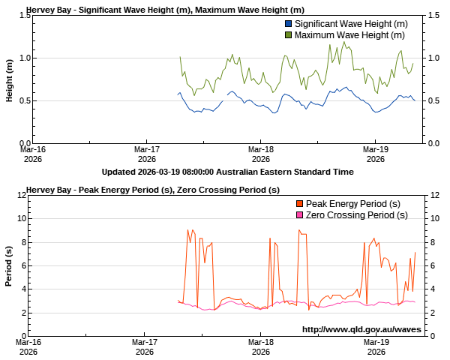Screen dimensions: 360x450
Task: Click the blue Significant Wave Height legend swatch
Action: (x=289, y=25)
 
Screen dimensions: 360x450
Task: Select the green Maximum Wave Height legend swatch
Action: (x=289, y=35)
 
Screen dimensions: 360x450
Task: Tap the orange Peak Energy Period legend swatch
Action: (x=300, y=205)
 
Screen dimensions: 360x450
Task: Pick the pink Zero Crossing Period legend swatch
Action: (x=300, y=215)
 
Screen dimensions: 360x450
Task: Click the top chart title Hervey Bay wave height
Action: (x=165, y=10)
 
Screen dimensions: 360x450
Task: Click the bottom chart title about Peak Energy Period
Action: (x=158, y=190)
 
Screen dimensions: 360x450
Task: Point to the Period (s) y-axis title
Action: (x=10, y=265)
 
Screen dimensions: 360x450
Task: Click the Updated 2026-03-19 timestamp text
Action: (x=227, y=172)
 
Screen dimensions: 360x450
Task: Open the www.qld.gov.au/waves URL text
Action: (x=360, y=329)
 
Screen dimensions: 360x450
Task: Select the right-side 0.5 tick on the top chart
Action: (x=433, y=100)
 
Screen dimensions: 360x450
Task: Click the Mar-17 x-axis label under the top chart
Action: (x=145, y=153)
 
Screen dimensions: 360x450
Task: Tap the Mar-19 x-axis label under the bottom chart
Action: (x=376, y=346)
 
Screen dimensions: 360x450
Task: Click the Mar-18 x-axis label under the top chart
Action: (x=260, y=153)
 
